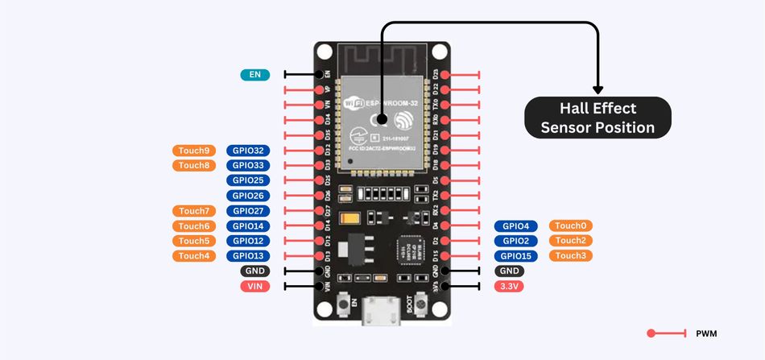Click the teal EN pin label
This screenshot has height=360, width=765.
click(254, 75)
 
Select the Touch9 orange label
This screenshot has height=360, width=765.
click(194, 151)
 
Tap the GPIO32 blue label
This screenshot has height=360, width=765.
click(248, 151)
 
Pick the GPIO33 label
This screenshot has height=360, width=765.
click(248, 165)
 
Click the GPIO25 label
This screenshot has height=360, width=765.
click(248, 180)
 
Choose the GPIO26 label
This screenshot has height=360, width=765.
click(248, 196)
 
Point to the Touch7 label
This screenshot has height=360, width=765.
click(194, 211)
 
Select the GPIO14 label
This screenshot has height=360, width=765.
click(248, 226)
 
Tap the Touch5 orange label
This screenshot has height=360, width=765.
click(194, 241)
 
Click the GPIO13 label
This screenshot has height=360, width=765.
click(248, 256)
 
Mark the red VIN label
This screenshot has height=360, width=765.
click(254, 286)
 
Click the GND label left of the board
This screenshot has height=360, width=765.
click(254, 271)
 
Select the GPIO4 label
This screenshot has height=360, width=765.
click(515, 226)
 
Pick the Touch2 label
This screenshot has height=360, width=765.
click(571, 241)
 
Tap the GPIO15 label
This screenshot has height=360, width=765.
click(515, 256)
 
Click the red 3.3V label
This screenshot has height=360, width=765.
click(509, 286)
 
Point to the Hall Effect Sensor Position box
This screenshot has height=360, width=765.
click(598, 118)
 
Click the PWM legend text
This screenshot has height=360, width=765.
click(706, 333)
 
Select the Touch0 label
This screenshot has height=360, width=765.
click(571, 226)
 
